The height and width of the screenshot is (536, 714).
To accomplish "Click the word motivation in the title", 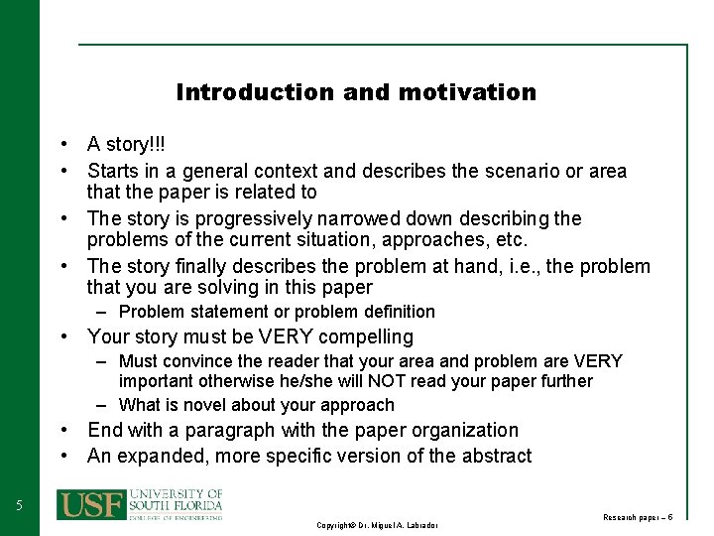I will click(x=467, y=92).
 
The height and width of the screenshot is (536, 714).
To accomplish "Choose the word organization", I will click(x=460, y=430).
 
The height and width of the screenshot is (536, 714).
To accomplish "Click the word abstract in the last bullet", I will click(x=495, y=457).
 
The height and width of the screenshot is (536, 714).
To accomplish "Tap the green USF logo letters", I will click(x=90, y=503).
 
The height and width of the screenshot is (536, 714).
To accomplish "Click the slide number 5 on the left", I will click(x=19, y=506).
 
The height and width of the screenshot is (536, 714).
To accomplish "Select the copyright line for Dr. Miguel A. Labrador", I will click(x=377, y=524).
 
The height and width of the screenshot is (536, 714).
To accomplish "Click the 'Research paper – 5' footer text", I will click(x=638, y=517).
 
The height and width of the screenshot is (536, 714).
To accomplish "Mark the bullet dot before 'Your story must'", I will click(x=62, y=337).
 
